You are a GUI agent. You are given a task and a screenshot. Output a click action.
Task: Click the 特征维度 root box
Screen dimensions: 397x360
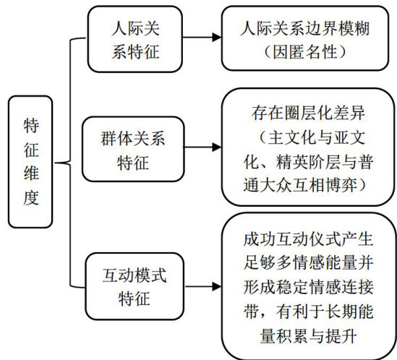point(30,162)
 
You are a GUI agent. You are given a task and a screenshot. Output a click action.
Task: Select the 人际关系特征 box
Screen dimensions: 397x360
point(135,39)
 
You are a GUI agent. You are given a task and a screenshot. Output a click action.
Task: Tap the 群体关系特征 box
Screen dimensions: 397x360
point(133,149)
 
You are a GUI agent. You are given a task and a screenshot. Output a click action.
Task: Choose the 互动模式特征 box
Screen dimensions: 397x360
point(135,286)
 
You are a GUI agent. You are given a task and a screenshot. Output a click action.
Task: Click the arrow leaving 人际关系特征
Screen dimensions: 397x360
point(202,37)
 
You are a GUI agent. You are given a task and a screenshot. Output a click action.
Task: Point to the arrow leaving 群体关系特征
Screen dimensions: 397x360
point(202,147)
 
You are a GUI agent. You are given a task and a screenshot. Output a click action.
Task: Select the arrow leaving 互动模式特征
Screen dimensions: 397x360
point(203,286)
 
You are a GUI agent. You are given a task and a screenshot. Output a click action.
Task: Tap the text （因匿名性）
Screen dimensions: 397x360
point(305,52)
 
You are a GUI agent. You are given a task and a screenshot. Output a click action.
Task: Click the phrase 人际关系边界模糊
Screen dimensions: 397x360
point(305,28)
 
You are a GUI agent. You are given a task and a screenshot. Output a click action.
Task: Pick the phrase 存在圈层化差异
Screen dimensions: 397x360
point(308,113)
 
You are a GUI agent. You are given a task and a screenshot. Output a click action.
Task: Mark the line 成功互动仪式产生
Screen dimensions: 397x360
point(308,239)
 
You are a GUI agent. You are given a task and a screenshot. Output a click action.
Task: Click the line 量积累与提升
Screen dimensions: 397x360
point(308,336)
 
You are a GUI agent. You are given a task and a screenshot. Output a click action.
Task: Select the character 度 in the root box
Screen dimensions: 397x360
point(31,198)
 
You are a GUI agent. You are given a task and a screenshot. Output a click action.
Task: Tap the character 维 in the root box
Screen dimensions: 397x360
point(31,173)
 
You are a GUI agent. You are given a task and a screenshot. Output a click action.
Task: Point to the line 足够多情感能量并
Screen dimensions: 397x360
point(308,263)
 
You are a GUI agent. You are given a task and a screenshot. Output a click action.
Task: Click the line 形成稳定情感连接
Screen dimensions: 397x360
point(308,287)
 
